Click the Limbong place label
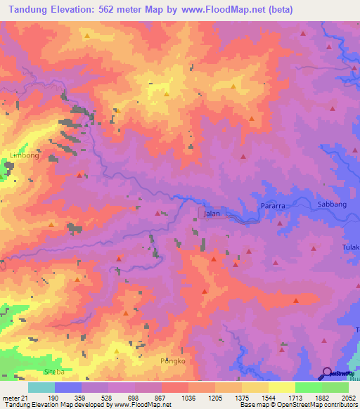click(x=25, y=156)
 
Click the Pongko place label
click(x=172, y=361)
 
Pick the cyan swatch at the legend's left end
click(x=41, y=388)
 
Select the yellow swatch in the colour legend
click(x=282, y=388)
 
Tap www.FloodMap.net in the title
click(x=233, y=10)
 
